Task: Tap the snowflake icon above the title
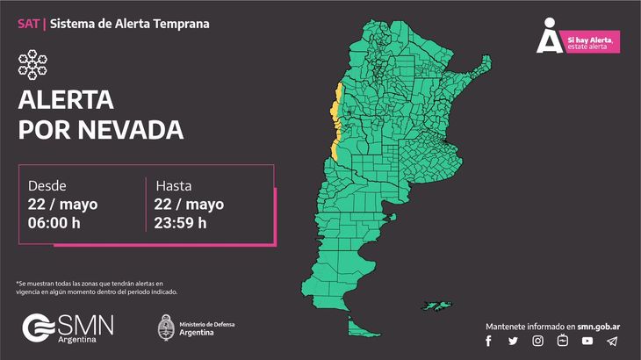click(x=32, y=63)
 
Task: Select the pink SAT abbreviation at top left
click(x=27, y=24)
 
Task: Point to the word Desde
click(x=47, y=186)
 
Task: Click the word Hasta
click(x=173, y=186)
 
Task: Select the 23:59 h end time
click(x=181, y=222)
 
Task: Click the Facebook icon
click(x=489, y=341)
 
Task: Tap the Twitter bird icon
click(x=513, y=341)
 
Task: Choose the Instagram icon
click(x=537, y=341)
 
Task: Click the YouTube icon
click(x=587, y=341)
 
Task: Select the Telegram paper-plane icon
click(x=612, y=341)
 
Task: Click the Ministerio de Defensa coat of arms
click(x=164, y=328)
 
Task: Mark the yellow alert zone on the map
click(x=335, y=123)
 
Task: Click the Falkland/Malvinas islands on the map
click(x=440, y=307)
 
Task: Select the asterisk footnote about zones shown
click(x=102, y=287)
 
